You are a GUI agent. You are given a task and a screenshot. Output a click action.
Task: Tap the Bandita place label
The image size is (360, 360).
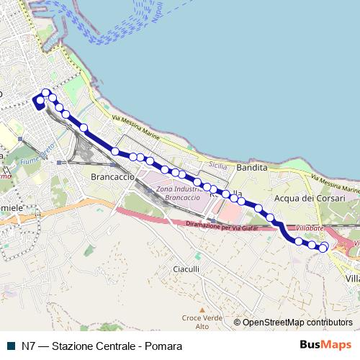[251, 167]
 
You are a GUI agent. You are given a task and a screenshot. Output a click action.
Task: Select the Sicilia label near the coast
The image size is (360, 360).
[217, 165]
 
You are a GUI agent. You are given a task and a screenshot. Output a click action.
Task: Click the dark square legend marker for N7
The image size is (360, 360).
[9, 346]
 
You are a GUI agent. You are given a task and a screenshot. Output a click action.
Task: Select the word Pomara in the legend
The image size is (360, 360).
[163, 346]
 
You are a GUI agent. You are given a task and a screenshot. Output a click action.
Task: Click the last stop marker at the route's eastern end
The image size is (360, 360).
[323, 248]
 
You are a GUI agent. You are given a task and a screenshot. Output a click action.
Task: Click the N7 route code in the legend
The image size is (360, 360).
[28, 346]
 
